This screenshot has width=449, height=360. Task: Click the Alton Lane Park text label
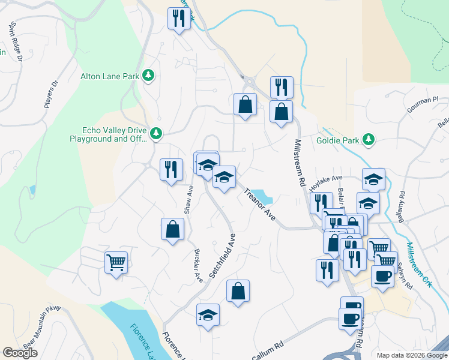pyautogui.click(x=110, y=76)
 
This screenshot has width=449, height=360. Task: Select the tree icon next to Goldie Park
pyautogui.click(x=368, y=140)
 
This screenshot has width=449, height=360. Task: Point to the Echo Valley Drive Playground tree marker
pyautogui.click(x=155, y=133)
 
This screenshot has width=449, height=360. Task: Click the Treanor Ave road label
pyautogui.click(x=259, y=205)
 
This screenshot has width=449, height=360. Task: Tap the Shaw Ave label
pyautogui.click(x=188, y=200)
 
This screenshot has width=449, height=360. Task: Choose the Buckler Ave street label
pyautogui.click(x=198, y=266)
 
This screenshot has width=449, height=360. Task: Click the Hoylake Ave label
pyautogui.click(x=325, y=182)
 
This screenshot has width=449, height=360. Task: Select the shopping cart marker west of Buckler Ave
pyautogui.click(x=116, y=262)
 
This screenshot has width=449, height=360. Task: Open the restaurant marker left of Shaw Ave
pyautogui.click(x=171, y=169)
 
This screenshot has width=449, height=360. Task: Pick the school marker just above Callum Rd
pyautogui.click(x=208, y=315)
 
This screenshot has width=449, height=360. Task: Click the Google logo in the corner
pyautogui.click(x=20, y=353)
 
